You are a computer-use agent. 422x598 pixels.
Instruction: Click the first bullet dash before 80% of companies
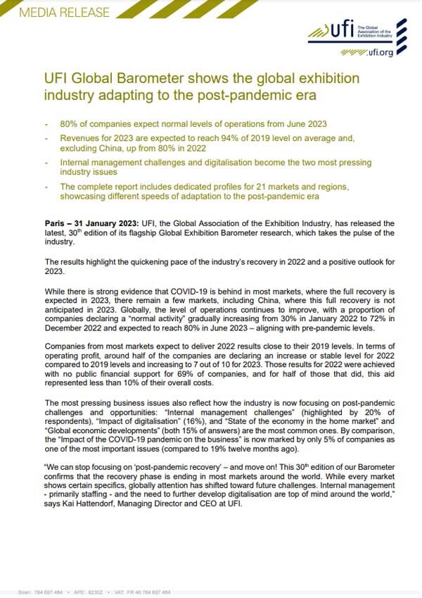coord(46,124)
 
